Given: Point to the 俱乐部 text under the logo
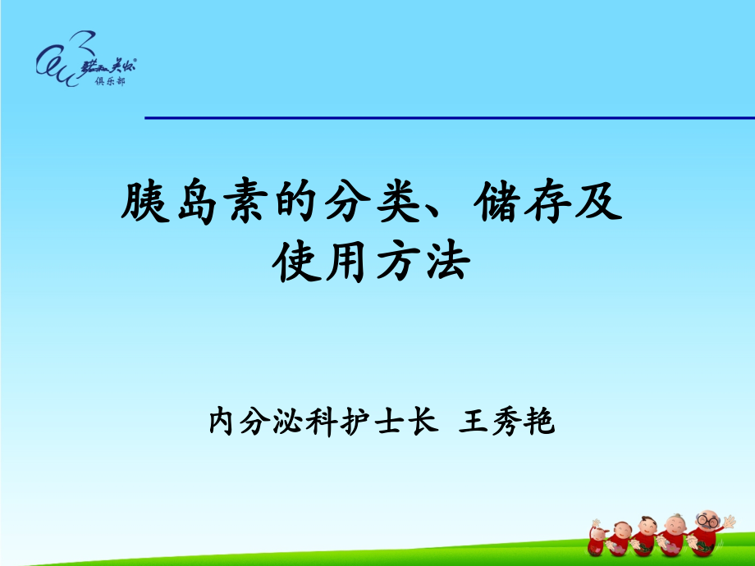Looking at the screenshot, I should (x=111, y=83).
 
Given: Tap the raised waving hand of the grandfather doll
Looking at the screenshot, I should (x=729, y=522).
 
